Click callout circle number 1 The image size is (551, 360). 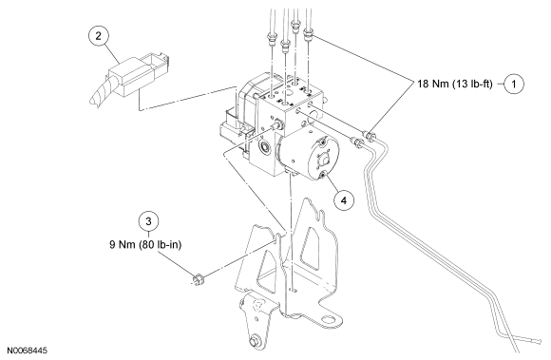point(514,84)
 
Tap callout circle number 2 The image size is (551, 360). point(98,35)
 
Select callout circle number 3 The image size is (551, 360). point(148,221)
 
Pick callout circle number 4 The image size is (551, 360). point(343,200)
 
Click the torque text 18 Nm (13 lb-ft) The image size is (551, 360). point(455,84)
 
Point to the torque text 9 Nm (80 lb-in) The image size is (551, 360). point(145,244)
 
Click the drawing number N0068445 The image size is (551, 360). point(27,351)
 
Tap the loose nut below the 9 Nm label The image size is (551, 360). point(199,279)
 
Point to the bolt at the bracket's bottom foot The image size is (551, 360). point(254,341)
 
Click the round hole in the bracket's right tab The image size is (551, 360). point(328,319)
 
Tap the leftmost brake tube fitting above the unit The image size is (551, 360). point(272,38)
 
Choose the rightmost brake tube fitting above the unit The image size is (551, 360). point(308,35)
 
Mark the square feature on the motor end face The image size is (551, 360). point(323,160)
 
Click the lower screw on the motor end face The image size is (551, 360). point(323,175)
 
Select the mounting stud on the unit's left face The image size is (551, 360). point(277,125)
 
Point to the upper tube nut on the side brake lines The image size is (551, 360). point(369,135)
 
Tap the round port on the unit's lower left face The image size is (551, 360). point(264,145)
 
